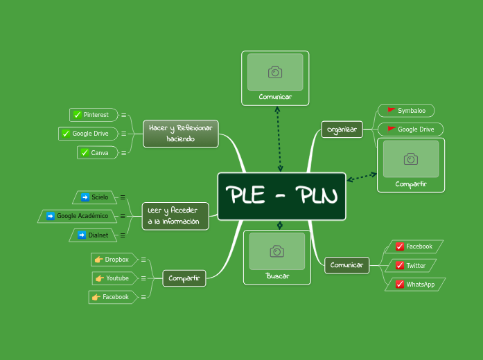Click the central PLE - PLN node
point(281,197)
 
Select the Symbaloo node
point(407,111)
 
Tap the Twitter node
point(411,266)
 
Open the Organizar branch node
point(342,129)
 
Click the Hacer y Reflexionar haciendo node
point(181,134)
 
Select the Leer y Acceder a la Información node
point(175,216)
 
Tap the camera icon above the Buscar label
point(277,251)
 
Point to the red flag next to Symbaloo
point(392,111)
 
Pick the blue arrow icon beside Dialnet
point(82,235)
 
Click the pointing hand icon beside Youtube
point(100,278)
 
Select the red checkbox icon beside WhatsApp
point(400,285)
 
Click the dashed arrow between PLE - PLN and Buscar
point(280,225)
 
